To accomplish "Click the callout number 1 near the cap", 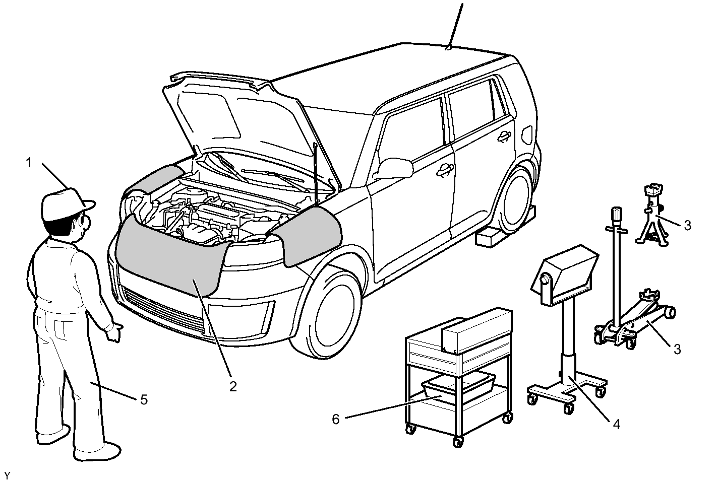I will pyautogui.click(x=29, y=163).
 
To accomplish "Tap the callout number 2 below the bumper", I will pyautogui.click(x=232, y=386).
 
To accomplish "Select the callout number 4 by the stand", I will pyautogui.click(x=616, y=425).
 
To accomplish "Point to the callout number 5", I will pyautogui.click(x=144, y=399).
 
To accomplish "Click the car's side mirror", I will pyautogui.click(x=395, y=168).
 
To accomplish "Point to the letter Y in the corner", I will pyautogui.click(x=7, y=475).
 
